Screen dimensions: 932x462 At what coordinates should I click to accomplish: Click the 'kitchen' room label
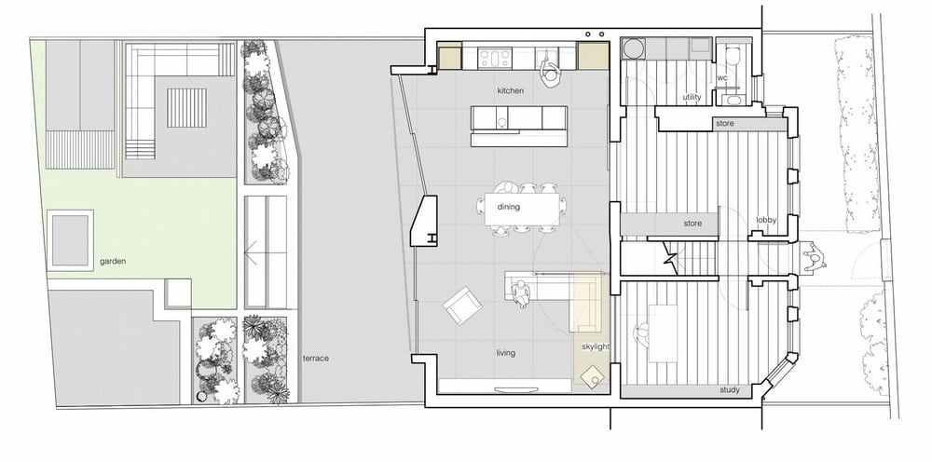pos(511,91)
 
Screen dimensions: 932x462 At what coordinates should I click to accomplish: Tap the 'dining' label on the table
pos(508,207)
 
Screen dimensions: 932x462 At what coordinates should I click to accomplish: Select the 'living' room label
pos(506,353)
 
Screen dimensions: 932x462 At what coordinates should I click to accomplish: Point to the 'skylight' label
pos(595,346)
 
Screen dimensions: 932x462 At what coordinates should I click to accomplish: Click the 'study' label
pos(730,390)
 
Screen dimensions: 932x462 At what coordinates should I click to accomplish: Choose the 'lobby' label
pos(766,221)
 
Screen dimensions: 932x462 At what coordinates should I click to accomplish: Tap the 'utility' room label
pos(692,97)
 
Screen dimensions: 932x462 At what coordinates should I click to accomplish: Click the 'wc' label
pos(722,78)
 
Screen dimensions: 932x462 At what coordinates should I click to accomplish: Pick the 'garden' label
pos(113,262)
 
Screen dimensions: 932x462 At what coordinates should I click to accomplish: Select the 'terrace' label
pos(316,359)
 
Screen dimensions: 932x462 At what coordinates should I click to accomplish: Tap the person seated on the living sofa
pos(521,293)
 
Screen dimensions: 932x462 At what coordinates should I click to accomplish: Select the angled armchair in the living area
pos(462,306)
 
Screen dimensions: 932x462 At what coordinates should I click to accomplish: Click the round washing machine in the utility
pos(633,48)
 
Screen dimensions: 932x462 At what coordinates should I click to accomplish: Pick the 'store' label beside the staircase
pos(692,224)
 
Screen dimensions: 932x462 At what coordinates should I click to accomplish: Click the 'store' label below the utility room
pos(725,124)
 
